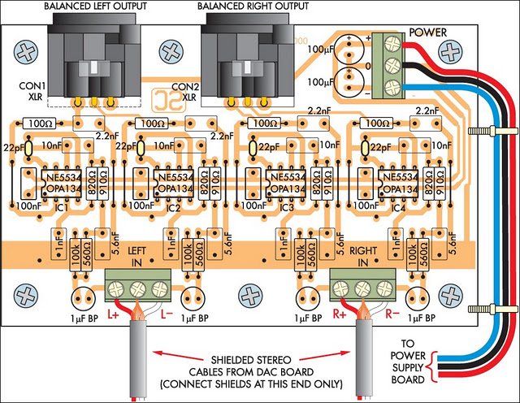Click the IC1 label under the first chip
62,208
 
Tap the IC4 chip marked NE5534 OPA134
398,184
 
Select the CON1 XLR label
32,91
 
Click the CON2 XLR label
185,92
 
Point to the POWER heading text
428,32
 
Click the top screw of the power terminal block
393,43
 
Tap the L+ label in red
113,314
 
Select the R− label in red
392,314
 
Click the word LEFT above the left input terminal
137,251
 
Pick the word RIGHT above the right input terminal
363,251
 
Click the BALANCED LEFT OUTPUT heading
96,6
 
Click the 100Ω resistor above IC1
40,123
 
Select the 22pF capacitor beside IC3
253,148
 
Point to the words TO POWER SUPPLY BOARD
408,362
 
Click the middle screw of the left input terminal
138,289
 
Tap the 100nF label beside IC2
141,206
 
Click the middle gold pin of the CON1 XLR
94,102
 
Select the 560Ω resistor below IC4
423,255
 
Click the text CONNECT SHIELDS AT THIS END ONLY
251,384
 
